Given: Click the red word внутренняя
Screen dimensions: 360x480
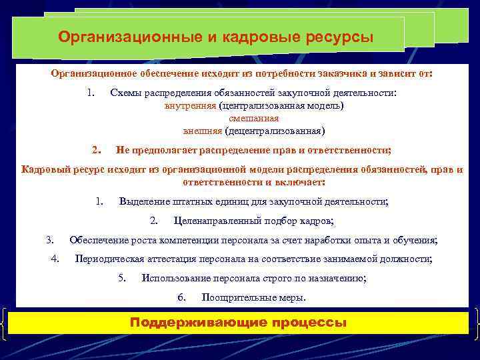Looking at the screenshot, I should pyautogui.click(x=190, y=105).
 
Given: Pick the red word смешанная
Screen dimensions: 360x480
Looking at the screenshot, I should pyautogui.click(x=254, y=118).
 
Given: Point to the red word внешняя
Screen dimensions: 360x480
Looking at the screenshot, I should pyautogui.click(x=202, y=130).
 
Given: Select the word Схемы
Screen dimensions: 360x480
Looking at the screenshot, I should pyautogui.click(x=125, y=93).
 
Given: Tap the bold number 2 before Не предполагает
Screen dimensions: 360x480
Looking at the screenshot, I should pyautogui.click(x=95, y=149).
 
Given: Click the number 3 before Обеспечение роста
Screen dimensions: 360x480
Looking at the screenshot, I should pyautogui.click(x=49, y=240).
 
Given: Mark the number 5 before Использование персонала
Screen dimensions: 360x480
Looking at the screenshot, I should pyautogui.click(x=122, y=278).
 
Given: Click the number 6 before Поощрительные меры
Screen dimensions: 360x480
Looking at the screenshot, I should pyautogui.click(x=181, y=297).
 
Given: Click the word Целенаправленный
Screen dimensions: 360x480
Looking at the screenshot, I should pyautogui.click(x=213, y=221).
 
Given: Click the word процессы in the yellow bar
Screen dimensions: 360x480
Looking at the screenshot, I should pyautogui.click(x=309, y=323).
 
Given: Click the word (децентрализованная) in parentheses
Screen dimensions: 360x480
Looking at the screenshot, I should pyautogui.click(x=275, y=130).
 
